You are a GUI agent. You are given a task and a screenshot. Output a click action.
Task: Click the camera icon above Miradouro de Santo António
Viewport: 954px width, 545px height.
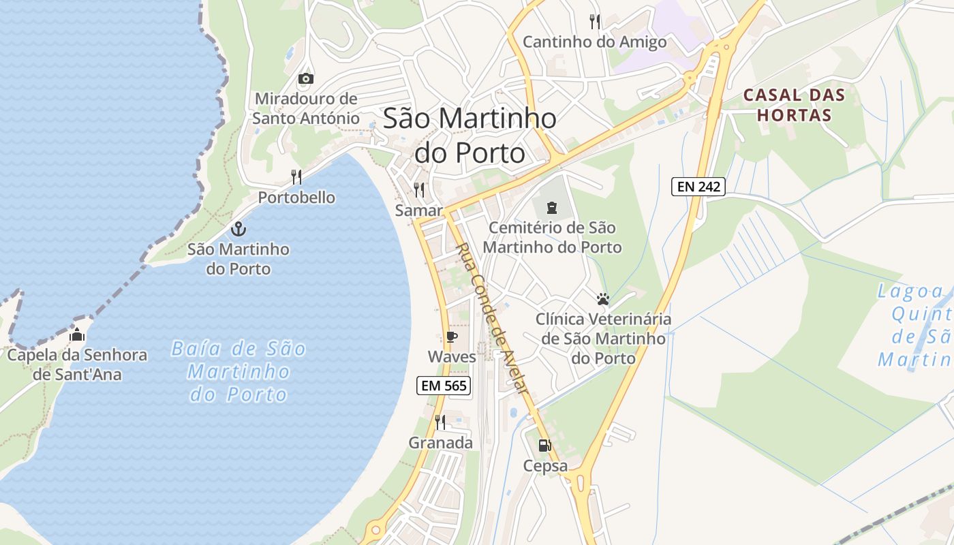(x=306, y=78)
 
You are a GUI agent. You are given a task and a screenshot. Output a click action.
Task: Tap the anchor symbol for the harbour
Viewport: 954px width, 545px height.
(x=238, y=228)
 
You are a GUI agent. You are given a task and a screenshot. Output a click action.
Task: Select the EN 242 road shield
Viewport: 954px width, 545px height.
(x=698, y=186)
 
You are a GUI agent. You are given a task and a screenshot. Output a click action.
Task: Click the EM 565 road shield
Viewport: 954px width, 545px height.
(x=444, y=386)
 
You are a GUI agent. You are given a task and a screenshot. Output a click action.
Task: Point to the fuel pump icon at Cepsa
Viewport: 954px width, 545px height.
(x=544, y=446)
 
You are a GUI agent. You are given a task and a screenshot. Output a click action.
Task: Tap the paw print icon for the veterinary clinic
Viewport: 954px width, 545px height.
(x=602, y=298)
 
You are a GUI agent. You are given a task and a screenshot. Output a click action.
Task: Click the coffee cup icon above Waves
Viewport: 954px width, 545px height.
(x=451, y=337)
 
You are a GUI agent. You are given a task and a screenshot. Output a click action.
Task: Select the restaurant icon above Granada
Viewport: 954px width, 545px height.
(x=440, y=422)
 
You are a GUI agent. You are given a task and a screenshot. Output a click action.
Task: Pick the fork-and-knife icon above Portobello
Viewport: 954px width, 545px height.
(x=296, y=177)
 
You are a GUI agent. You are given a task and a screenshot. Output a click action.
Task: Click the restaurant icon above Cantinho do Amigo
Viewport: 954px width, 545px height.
(x=595, y=22)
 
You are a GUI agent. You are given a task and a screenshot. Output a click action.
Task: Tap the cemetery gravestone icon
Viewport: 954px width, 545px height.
(x=552, y=207)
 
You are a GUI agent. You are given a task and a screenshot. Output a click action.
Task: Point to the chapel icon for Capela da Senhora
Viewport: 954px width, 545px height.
(x=78, y=335)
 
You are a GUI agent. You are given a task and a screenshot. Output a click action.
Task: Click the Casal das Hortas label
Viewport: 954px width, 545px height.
(x=794, y=105)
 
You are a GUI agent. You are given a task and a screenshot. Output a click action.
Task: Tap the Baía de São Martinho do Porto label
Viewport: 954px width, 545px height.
(x=238, y=372)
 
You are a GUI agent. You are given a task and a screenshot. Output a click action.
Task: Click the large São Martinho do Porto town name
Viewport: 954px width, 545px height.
(x=470, y=136)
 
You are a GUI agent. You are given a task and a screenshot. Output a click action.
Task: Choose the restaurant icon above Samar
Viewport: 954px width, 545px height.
(x=419, y=189)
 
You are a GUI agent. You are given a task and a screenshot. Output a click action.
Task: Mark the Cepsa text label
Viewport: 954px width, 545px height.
(x=545, y=466)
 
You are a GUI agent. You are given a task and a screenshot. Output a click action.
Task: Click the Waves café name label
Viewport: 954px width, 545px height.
(x=452, y=356)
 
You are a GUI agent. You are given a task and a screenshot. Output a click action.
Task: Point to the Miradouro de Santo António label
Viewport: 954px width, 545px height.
(x=306, y=108)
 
